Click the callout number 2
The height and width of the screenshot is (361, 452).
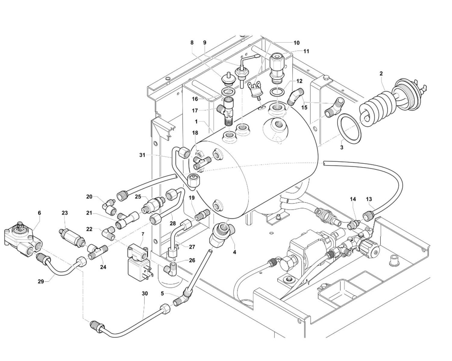coord(381,73)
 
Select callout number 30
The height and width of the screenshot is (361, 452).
coord(145,293)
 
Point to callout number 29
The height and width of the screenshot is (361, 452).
coord(41,281)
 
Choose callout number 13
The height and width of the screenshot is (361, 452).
coord(369,199)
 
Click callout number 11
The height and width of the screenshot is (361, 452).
coord(306,52)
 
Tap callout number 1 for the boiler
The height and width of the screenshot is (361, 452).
coord(196,121)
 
